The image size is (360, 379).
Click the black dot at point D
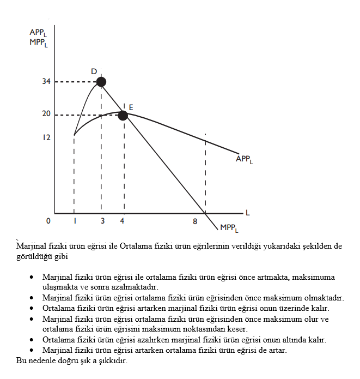(101, 82)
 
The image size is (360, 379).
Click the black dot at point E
(123, 115)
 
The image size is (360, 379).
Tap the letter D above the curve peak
(94, 71)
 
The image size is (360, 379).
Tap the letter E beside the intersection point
(131, 107)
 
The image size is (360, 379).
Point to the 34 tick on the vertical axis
(46, 82)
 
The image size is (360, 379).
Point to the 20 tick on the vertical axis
(46, 115)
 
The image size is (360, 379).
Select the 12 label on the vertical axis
(46, 137)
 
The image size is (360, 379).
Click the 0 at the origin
(48, 221)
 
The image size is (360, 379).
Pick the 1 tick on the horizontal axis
(74, 221)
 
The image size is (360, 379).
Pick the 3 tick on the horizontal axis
(102, 221)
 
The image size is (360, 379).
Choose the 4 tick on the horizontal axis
(121, 221)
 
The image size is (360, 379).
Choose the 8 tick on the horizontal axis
(194, 221)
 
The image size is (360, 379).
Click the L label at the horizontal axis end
(247, 212)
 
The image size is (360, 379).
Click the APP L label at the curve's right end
(244, 159)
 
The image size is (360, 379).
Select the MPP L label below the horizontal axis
(229, 228)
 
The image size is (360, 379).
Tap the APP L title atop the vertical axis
(38, 33)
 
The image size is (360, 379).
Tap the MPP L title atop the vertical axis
(39, 42)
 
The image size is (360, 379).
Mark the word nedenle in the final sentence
(41, 360)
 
